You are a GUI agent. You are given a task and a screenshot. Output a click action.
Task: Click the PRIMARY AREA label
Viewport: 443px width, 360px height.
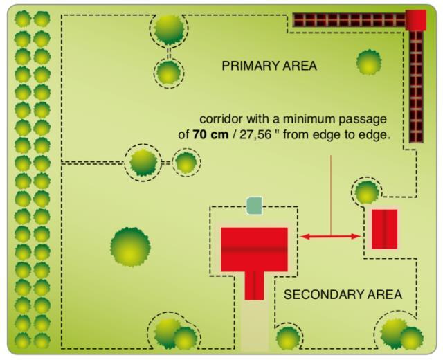[269, 66]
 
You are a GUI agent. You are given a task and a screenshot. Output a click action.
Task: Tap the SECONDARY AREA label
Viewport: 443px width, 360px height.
[343, 294]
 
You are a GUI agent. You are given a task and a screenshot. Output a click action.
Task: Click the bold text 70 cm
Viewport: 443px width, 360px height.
[209, 134]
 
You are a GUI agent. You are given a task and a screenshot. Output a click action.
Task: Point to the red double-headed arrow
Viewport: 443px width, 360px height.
[331, 237]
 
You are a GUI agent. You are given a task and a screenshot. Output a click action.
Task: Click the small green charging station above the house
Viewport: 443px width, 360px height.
[255, 206]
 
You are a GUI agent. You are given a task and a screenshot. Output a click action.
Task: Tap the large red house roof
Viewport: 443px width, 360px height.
[254, 249]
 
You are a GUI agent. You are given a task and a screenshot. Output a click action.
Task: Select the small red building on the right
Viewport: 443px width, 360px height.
[384, 228]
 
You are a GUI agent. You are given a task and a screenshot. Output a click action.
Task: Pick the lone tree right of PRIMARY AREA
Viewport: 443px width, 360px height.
[368, 62]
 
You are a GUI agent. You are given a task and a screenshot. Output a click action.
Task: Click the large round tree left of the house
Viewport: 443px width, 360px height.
[130, 246]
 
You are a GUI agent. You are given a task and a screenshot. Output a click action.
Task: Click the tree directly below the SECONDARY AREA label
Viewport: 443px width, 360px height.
[288, 338]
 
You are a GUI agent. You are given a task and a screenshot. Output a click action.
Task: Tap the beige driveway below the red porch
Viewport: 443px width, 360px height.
[254, 325]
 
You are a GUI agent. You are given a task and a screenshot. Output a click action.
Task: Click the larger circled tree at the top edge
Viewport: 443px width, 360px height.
[169, 28]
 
